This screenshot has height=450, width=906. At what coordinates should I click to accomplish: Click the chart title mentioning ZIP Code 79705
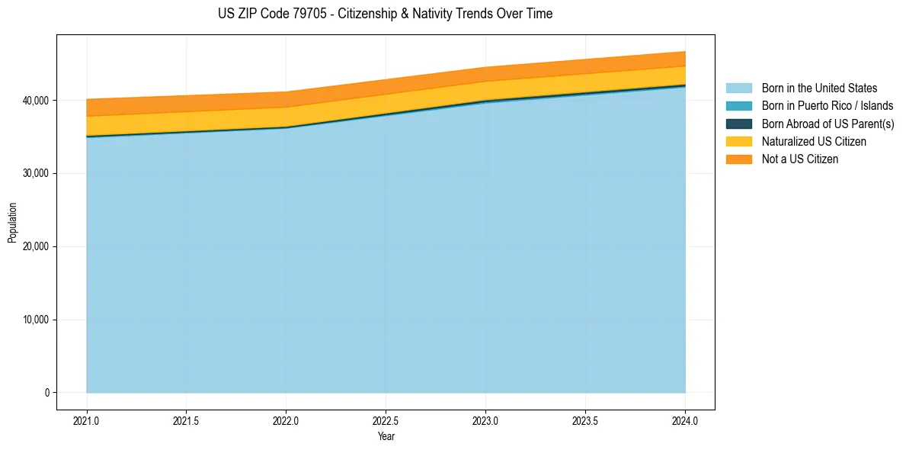[385, 14]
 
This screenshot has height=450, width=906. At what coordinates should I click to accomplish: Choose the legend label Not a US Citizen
[800, 159]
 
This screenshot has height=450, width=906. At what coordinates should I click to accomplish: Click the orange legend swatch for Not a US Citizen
[738, 159]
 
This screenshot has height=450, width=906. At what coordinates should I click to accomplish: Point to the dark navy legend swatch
[738, 124]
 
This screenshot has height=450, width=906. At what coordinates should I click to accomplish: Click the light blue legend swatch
[738, 88]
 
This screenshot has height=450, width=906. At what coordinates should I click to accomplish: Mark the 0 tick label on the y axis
[46, 393]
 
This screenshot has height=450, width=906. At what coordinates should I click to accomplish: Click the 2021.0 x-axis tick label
[86, 420]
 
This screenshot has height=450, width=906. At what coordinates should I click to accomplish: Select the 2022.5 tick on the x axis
[386, 420]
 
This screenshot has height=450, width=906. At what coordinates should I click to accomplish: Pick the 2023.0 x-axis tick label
[485, 420]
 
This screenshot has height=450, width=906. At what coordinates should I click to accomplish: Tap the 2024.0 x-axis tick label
[685, 420]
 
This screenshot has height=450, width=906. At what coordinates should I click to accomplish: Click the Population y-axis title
[12, 223]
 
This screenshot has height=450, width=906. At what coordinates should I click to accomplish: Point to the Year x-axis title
[386, 436]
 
